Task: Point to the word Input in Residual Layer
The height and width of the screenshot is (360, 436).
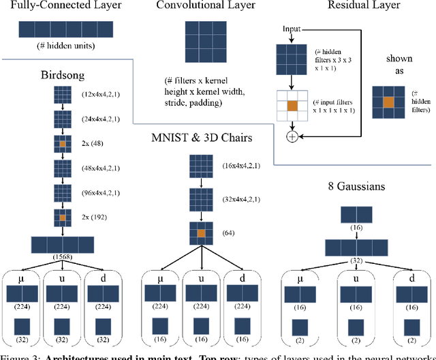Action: point(291,30)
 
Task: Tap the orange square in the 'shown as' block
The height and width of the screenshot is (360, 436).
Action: point(388,102)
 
